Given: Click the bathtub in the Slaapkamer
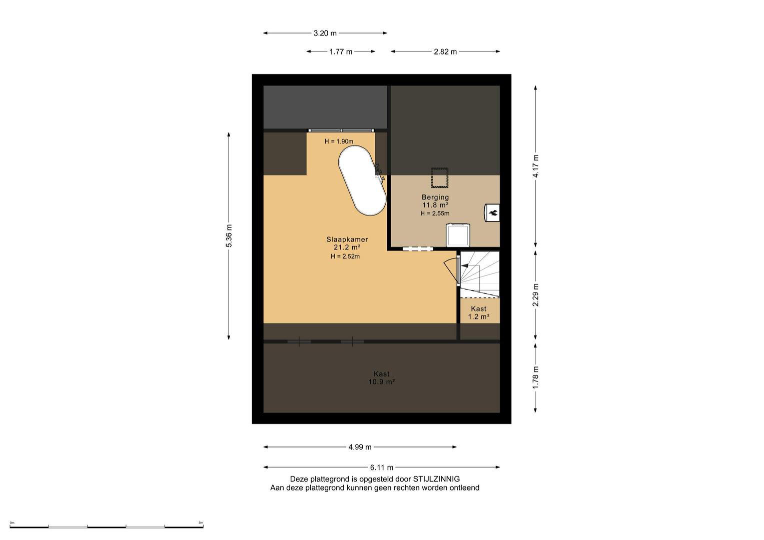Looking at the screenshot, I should (x=362, y=180).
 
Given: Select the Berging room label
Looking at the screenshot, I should (x=435, y=197).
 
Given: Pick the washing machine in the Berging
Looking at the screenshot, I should (x=458, y=235).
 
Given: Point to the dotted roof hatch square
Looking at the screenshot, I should (x=440, y=177).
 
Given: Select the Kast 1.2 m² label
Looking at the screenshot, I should (x=478, y=312).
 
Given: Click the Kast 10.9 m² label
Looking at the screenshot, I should (x=381, y=377).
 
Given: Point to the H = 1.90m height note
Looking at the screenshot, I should (x=339, y=141).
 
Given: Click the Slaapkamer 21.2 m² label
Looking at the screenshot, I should (x=347, y=243).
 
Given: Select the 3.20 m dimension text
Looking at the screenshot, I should (x=325, y=33).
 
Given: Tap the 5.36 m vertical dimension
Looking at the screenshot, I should (x=229, y=235).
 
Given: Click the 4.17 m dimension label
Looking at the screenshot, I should (x=535, y=166).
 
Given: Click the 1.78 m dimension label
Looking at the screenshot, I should (x=535, y=378).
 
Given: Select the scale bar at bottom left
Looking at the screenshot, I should (x=106, y=526).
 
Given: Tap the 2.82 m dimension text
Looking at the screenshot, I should (x=445, y=51).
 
